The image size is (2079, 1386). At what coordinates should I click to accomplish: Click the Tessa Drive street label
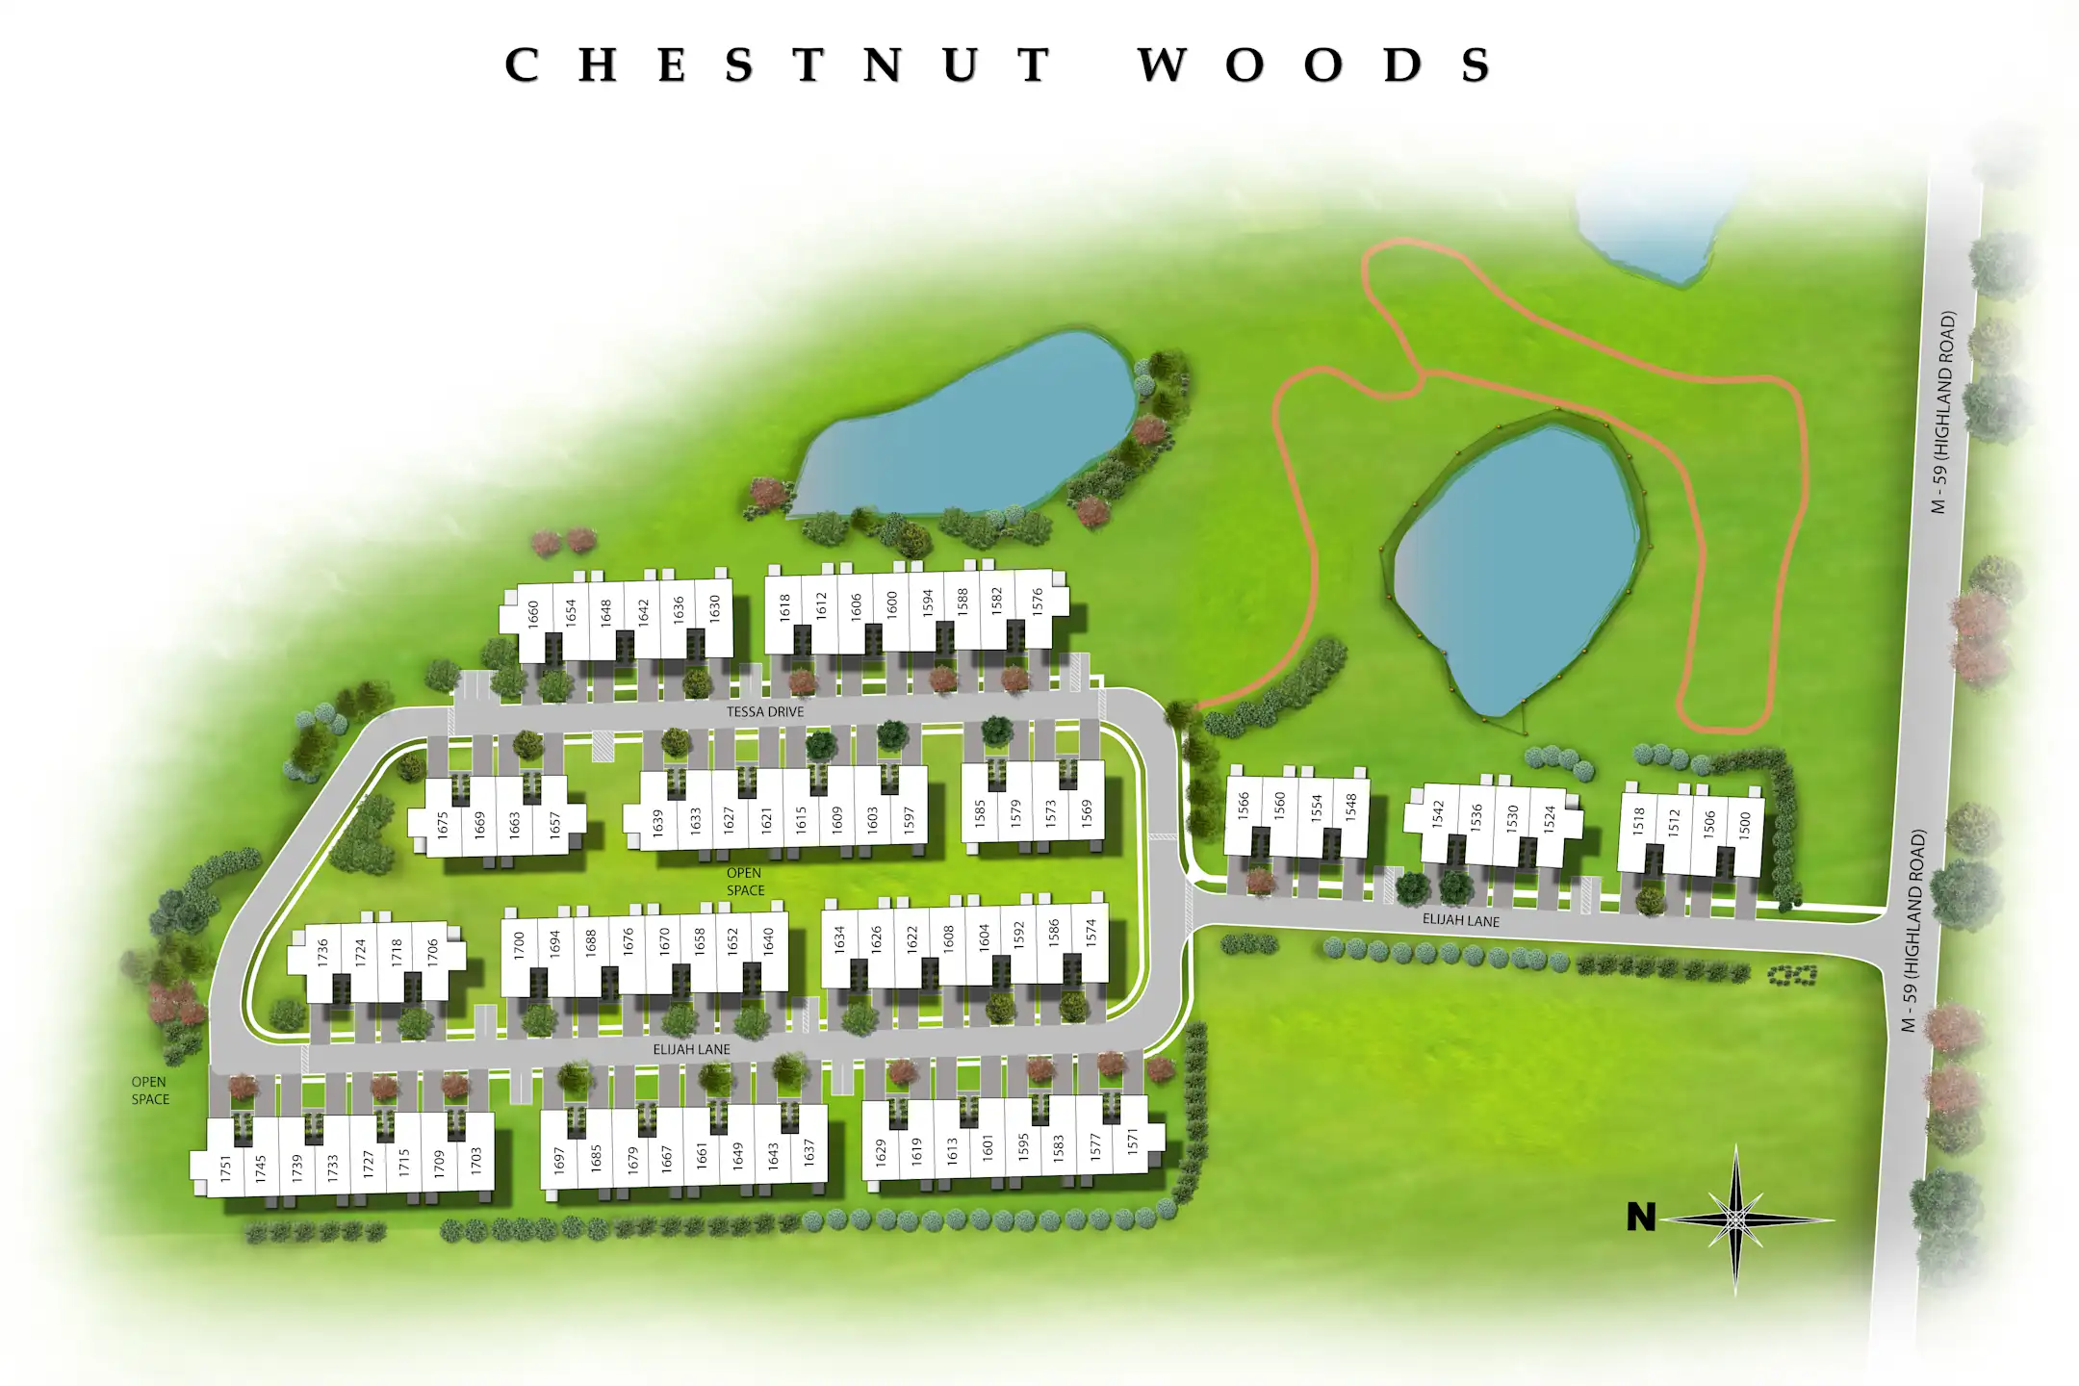coord(765,712)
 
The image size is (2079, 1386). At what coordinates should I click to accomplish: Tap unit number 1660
coord(534,613)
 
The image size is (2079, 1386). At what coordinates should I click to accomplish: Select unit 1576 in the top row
coord(1038,601)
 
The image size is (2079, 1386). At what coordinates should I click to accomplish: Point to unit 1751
coord(226,1168)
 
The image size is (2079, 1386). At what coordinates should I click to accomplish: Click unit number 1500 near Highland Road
coord(1745,824)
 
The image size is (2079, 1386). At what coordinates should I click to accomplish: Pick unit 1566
coord(1244,805)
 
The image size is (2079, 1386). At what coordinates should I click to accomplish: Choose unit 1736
coord(323,953)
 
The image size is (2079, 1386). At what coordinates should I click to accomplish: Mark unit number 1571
coord(1133,1142)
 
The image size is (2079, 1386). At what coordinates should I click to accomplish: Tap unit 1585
coord(981,814)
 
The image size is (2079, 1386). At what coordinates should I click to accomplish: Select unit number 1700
coord(520,943)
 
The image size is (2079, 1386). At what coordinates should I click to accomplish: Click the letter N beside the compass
coord(1641,1218)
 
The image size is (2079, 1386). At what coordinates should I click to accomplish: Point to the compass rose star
coord(1735,1219)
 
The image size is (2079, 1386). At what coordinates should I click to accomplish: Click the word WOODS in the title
coord(1314,65)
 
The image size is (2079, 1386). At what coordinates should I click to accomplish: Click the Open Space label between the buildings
coord(745,882)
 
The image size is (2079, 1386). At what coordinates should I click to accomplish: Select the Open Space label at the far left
coord(150,1091)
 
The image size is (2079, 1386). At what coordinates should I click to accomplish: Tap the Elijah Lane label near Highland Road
coord(1461,921)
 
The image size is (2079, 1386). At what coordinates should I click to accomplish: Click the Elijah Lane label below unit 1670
coord(691,1049)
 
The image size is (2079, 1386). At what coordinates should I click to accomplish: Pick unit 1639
coord(658,821)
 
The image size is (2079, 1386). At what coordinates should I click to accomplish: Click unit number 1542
coord(1439,814)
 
